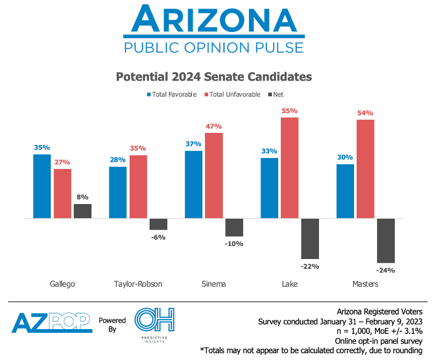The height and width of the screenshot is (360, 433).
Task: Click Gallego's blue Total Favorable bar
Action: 42,186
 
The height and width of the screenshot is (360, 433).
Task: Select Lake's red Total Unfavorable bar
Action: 290,167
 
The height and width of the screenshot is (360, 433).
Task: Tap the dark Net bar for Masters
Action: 386,240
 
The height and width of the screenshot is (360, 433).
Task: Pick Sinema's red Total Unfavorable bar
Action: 214,175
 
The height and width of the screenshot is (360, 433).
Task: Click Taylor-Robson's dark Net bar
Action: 158,224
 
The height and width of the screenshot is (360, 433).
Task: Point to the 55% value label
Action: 290,111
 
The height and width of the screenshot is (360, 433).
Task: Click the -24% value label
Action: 386,271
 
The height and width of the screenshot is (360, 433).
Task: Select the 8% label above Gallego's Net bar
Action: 82,197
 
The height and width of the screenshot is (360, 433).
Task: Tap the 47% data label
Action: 214,126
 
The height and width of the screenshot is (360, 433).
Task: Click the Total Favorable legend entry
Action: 172,95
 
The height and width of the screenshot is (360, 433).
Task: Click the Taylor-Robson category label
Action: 138,284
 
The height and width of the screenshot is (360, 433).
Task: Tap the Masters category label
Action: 365,284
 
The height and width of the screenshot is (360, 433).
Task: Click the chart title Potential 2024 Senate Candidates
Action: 213,77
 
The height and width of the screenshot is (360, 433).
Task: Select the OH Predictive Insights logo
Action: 154,323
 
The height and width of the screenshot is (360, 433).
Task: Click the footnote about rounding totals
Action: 316,350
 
